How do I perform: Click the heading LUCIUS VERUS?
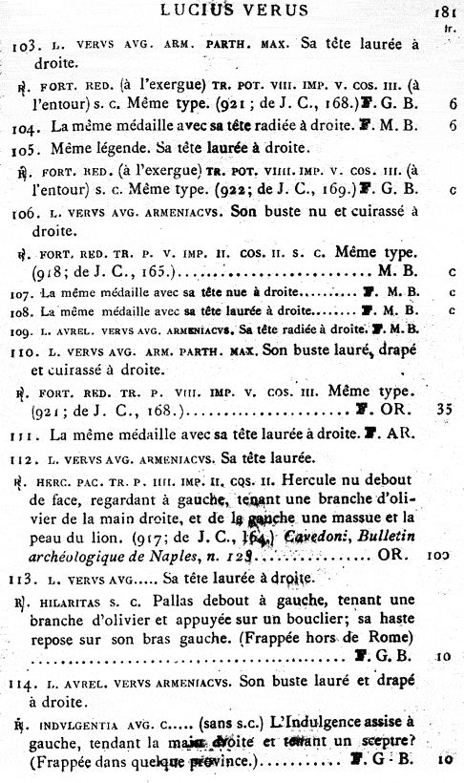234,11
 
